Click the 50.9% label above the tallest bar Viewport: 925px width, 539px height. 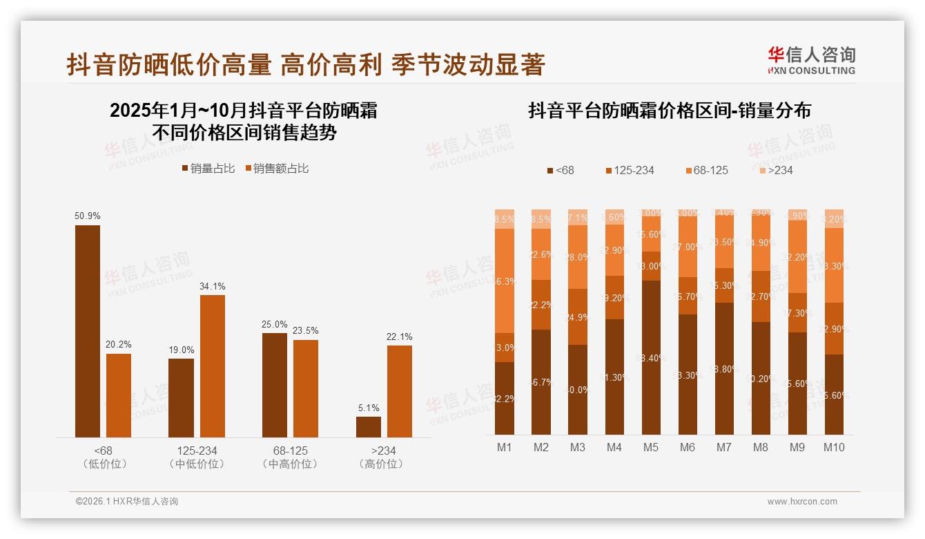(x=88, y=216)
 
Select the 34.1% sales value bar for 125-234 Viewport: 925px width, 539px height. (x=213, y=366)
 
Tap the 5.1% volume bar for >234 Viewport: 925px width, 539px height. (x=369, y=426)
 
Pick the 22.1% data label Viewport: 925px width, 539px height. (x=400, y=337)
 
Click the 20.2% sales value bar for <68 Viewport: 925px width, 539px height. (x=119, y=395)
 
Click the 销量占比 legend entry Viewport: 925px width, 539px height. (x=208, y=169)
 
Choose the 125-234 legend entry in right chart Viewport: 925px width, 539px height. (x=629, y=170)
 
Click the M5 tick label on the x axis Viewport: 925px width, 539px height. (x=650, y=447)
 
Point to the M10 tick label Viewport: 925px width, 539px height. (x=834, y=447)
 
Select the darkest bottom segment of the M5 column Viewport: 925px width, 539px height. (x=650, y=357)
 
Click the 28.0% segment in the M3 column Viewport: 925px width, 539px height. (x=577, y=257)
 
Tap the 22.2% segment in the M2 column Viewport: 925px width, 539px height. (x=541, y=305)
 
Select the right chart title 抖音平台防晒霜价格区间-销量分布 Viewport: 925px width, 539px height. (x=669, y=111)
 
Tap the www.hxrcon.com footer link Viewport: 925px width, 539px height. (x=801, y=502)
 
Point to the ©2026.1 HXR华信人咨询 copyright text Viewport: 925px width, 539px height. (x=126, y=502)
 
